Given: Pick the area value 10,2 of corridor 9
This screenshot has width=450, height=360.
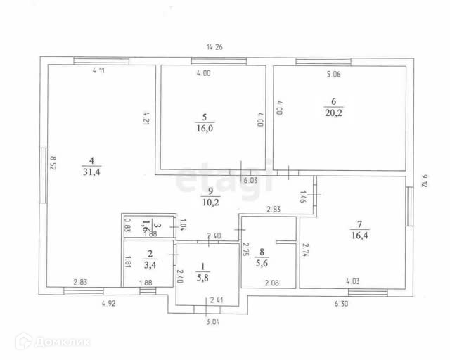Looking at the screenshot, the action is coord(210,205).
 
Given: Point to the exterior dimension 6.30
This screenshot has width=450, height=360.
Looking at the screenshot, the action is coord(340,304).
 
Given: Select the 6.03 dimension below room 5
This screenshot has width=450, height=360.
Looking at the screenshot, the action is coord(250,181).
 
